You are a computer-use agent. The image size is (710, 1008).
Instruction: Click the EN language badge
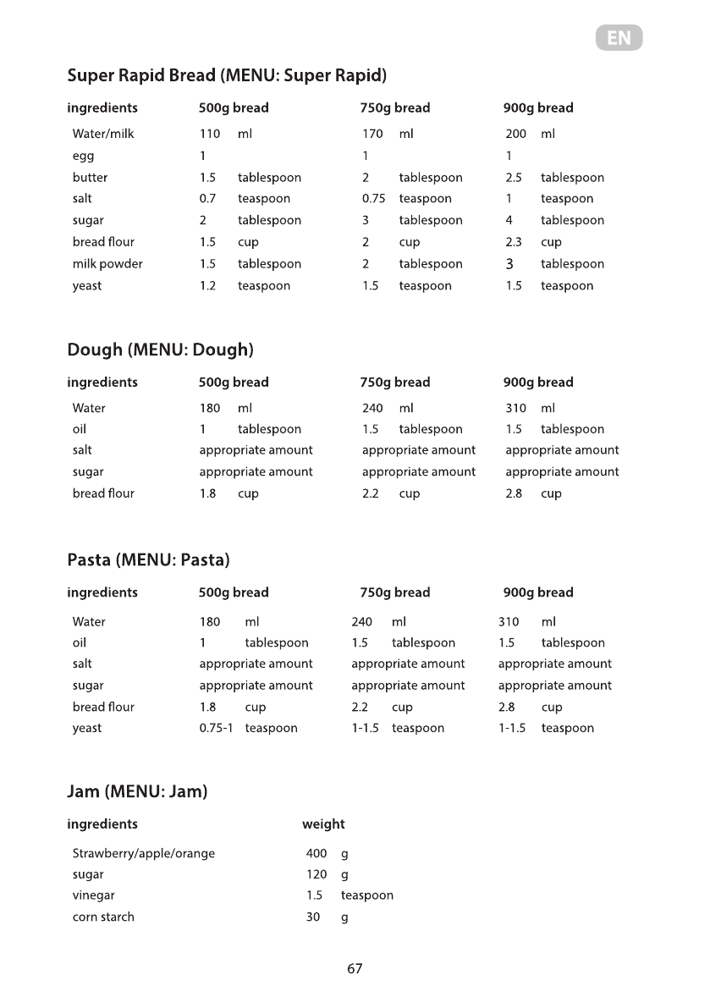[x=619, y=38]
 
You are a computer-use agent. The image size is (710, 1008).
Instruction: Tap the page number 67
[x=355, y=969]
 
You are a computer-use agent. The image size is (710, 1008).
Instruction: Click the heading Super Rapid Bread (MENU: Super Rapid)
[x=227, y=76]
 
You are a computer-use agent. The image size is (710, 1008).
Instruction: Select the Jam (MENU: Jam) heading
[x=137, y=792]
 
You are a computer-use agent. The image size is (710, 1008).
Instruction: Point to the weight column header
[x=323, y=823]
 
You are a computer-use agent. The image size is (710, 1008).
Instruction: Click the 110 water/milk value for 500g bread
[x=209, y=134]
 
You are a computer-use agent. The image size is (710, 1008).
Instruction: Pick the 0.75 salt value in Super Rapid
[x=373, y=199]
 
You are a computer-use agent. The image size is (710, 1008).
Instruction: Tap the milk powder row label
[x=107, y=264]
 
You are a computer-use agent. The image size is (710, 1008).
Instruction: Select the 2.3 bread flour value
[x=514, y=242]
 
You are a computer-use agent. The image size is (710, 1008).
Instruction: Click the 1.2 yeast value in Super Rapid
[x=207, y=286]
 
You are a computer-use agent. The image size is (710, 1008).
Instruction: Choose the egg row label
[x=83, y=157]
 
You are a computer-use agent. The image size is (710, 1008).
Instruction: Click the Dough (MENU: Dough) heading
[x=160, y=350]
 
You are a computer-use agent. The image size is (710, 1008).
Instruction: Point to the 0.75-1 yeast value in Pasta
[x=216, y=728]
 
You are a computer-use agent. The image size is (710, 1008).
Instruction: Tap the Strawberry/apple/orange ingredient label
[x=144, y=853]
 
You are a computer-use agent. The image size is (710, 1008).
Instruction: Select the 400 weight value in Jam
[x=316, y=853]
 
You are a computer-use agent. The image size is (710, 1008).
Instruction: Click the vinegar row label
[x=93, y=895]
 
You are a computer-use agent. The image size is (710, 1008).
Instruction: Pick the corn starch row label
[x=103, y=917]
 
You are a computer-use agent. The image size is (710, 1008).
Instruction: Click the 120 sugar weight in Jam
[x=316, y=874]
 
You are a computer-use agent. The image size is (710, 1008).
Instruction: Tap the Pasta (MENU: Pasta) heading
[x=148, y=560]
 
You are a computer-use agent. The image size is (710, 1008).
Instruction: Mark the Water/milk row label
[x=103, y=134]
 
